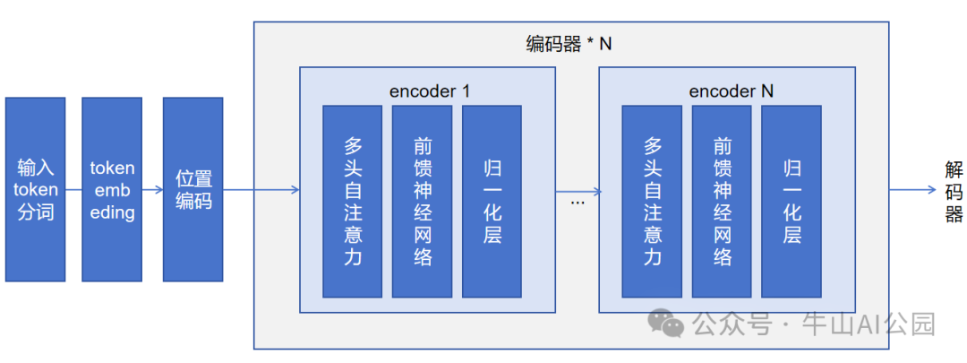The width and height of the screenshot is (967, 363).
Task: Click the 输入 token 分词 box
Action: tap(35, 189)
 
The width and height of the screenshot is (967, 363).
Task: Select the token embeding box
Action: tap(112, 189)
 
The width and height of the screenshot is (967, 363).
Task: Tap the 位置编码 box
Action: tap(193, 189)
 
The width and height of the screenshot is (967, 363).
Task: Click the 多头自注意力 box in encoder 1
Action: tap(352, 201)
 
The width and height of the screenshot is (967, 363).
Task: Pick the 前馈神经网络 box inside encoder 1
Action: tap(422, 201)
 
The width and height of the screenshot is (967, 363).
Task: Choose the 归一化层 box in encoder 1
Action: tap(492, 201)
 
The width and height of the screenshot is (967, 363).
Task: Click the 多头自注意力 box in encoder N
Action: tap(652, 201)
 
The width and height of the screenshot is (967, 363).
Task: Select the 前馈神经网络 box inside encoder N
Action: tap(722, 201)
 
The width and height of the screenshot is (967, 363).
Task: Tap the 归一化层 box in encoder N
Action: tap(792, 201)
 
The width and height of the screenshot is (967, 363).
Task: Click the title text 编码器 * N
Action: tap(569, 43)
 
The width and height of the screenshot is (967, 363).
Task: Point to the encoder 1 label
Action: tap(430, 91)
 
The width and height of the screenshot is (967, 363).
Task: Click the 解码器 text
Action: tap(954, 190)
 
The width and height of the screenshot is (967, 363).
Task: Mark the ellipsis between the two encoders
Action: tap(577, 203)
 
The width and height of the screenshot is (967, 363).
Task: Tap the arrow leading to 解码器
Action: tap(913, 190)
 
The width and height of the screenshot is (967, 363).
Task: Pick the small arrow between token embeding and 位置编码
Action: tap(152, 190)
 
